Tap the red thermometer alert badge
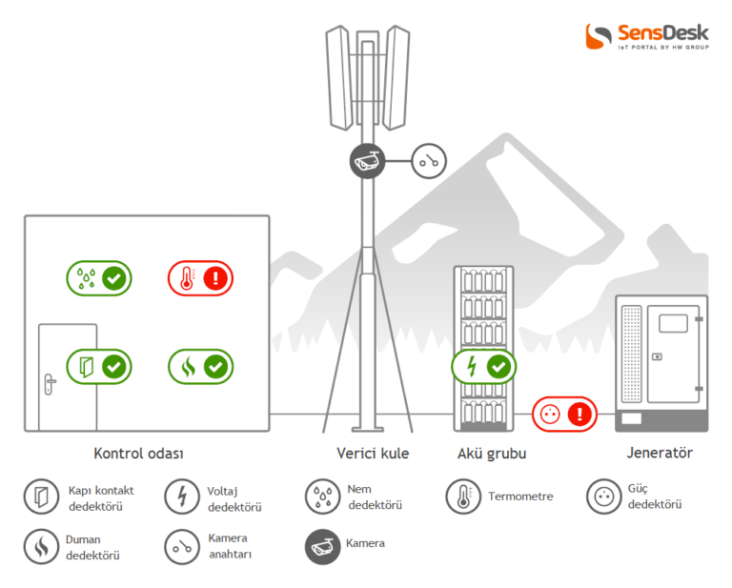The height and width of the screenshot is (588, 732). (201, 278)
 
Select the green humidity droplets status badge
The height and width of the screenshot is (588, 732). (99, 278)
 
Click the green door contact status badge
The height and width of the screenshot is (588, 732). (99, 366)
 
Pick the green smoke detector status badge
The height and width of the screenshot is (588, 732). (201, 366)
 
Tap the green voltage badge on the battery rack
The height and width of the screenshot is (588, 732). (483, 366)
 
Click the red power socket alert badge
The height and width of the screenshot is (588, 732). (563, 415)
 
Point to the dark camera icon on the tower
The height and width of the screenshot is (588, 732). (366, 161)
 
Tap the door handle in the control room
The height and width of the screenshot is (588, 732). (50, 382)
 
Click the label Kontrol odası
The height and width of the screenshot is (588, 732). (138, 454)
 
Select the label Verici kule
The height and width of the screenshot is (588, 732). (373, 454)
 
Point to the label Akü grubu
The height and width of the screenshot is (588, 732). (492, 454)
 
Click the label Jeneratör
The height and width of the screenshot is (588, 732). (660, 454)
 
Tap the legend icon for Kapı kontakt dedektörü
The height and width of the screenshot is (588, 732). (41, 497)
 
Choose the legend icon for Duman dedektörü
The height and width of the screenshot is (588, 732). (41, 546)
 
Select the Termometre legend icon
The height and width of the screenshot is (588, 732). (462, 497)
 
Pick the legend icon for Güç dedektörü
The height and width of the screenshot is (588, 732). (603, 497)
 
